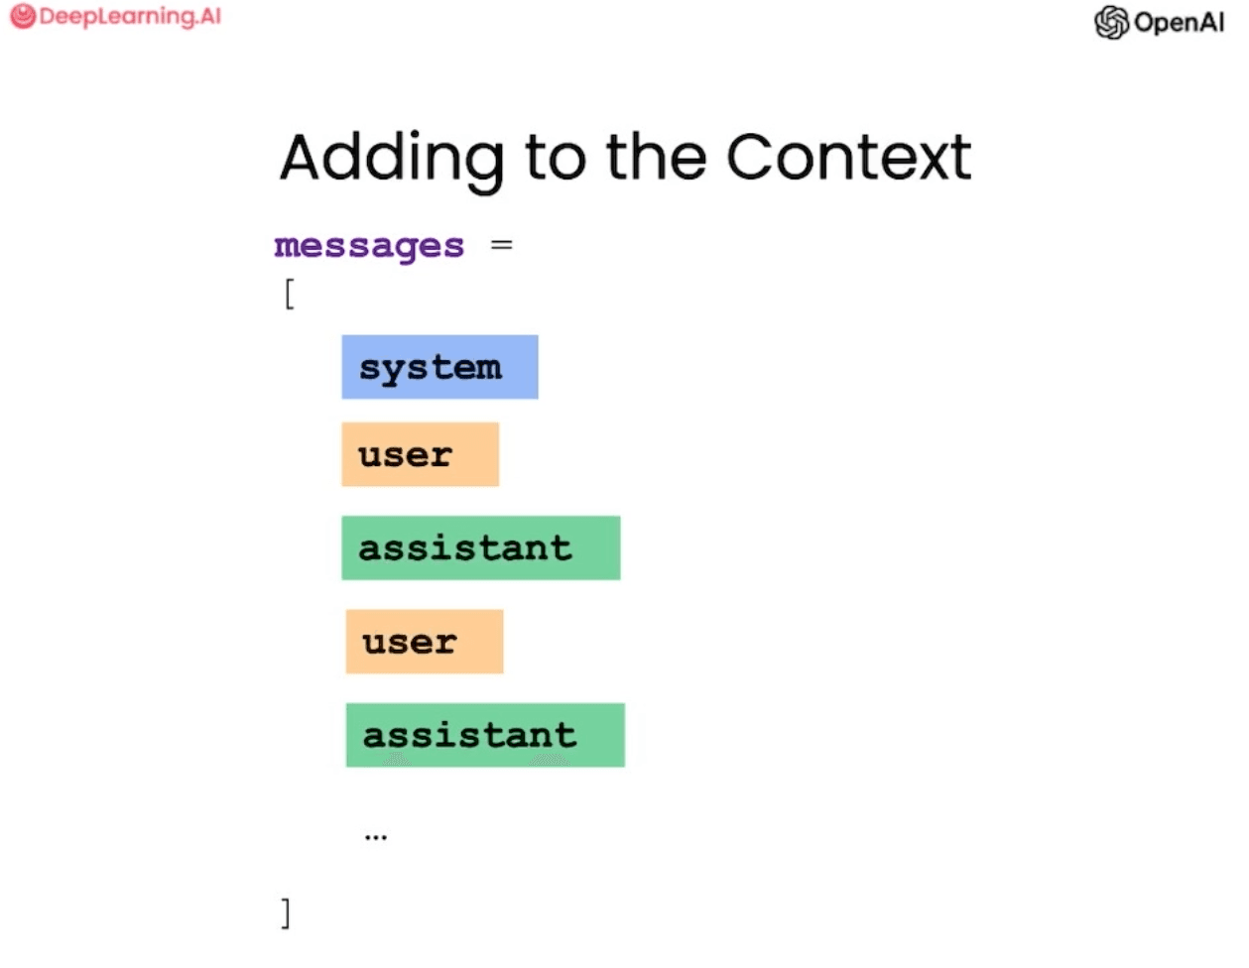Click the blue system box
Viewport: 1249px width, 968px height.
click(x=439, y=367)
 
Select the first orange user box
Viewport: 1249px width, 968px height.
click(x=420, y=454)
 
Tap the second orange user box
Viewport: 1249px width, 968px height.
click(x=424, y=642)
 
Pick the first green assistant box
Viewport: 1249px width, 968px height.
click(x=480, y=547)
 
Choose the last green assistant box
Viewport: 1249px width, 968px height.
click(x=484, y=735)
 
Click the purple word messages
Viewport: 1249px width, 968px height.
click(x=369, y=246)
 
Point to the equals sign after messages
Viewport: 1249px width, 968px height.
click(x=502, y=244)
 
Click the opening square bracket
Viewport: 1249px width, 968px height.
click(x=289, y=295)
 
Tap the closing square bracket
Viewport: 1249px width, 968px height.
click(x=286, y=912)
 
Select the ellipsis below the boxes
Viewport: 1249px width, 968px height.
click(x=375, y=837)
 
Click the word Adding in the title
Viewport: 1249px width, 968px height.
click(x=391, y=159)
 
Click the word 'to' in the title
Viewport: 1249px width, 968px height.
click(x=555, y=159)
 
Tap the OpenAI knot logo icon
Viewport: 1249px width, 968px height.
click(x=1111, y=22)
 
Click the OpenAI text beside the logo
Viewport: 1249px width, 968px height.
click(x=1179, y=22)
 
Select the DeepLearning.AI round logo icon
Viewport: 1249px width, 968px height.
click(x=22, y=17)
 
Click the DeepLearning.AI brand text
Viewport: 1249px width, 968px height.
click(x=130, y=17)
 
